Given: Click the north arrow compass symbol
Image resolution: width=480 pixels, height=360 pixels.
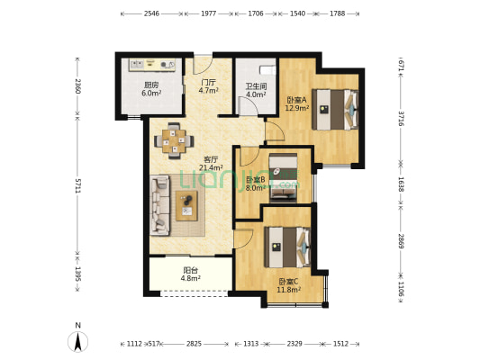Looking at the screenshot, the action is click(78, 341).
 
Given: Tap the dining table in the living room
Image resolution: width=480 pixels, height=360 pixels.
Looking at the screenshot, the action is click(174, 141).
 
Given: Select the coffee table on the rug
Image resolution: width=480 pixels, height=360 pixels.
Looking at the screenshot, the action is click(186, 205).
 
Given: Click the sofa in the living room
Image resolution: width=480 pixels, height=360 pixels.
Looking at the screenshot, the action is click(159, 205).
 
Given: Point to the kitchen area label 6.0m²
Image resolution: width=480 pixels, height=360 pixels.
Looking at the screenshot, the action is click(151, 94).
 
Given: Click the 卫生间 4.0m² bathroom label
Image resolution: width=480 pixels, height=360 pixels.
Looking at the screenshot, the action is click(256, 91).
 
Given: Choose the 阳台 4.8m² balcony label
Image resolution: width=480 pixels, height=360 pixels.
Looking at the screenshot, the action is click(190, 274).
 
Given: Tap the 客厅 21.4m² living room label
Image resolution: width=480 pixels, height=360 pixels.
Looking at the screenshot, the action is click(211, 163).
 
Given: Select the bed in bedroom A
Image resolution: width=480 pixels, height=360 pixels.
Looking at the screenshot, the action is click(335, 109).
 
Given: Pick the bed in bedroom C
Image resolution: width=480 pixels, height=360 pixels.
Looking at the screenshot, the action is click(288, 247).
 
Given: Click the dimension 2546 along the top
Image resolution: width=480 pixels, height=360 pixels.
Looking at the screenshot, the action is click(151, 13).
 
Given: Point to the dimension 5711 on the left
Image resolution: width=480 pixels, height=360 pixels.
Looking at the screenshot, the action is click(78, 185).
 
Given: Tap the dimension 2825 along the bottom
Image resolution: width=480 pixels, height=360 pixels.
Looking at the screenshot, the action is click(195, 344).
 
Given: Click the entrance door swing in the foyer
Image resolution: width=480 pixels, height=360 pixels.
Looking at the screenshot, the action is click(203, 64).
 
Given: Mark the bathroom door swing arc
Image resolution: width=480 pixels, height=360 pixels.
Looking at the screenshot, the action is click(249, 106).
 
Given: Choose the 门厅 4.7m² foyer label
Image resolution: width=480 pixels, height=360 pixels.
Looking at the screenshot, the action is click(208, 86).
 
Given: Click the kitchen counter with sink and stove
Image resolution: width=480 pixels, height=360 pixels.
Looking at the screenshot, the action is click(152, 65).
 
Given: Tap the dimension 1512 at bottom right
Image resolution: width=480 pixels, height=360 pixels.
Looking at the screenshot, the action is click(340, 344).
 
